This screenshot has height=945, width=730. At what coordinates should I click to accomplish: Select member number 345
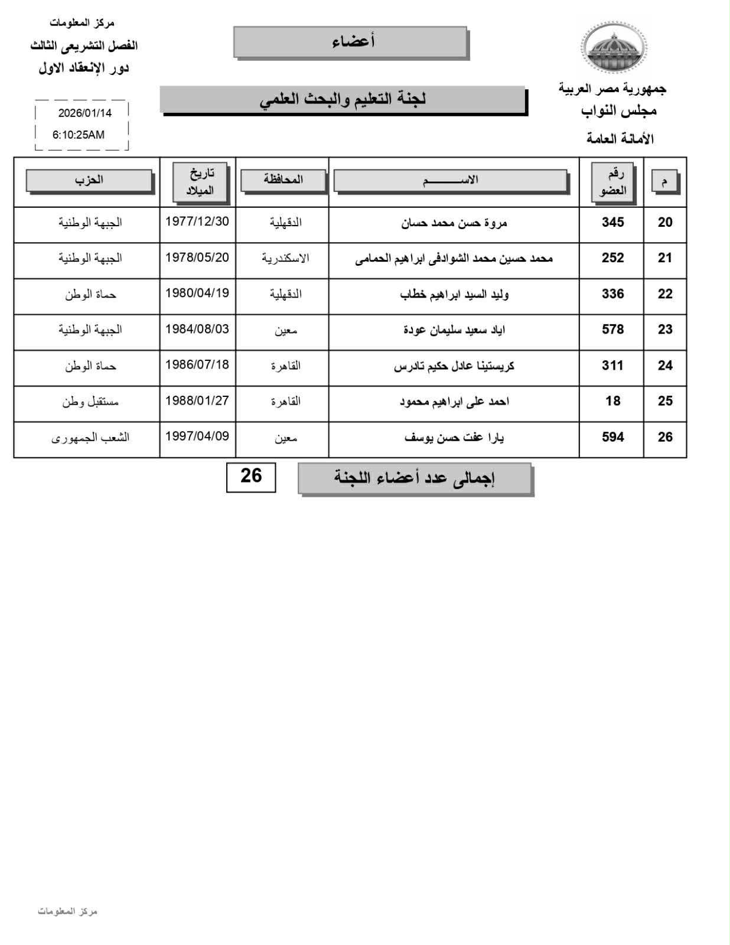click(612, 223)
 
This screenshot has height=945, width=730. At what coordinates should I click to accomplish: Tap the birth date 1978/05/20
click(197, 258)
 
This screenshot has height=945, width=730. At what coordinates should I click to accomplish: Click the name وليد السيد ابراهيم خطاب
click(454, 294)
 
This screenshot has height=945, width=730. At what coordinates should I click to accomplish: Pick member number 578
click(612, 330)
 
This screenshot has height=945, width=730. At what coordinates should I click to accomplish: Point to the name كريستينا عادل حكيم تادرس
click(454, 366)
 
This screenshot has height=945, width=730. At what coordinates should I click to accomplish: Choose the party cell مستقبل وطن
click(90, 402)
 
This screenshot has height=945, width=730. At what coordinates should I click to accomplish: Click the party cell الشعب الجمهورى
click(90, 438)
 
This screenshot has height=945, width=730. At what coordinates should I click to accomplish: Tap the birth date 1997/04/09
click(197, 437)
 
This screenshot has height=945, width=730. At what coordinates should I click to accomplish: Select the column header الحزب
click(89, 180)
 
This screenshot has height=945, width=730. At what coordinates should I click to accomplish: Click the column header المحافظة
click(283, 180)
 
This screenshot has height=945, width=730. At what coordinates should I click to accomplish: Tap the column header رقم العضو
click(612, 183)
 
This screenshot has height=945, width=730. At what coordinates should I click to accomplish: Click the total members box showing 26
click(251, 476)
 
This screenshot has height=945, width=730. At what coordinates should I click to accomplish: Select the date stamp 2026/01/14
click(84, 113)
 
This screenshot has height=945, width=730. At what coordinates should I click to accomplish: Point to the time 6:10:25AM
click(79, 135)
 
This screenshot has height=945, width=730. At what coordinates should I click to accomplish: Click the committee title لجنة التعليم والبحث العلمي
click(343, 99)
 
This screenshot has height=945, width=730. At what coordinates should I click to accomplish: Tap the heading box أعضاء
click(351, 41)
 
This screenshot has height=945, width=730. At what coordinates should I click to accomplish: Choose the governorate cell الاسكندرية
click(285, 259)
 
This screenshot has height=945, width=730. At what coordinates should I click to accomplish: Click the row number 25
click(665, 402)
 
